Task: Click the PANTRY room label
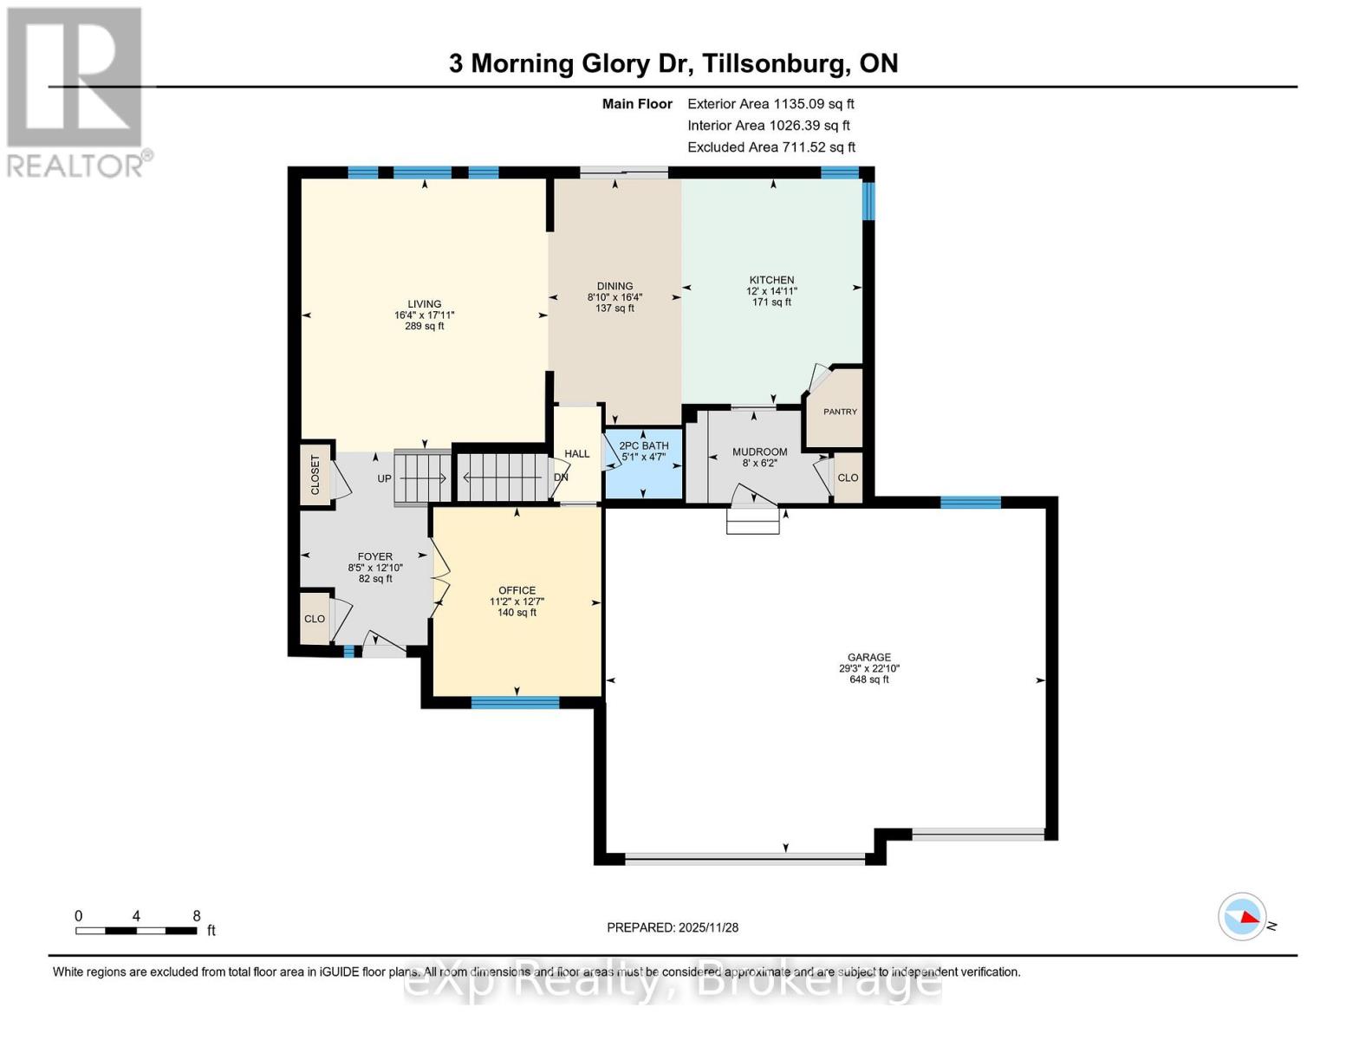coord(839,412)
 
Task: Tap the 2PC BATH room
coord(643,464)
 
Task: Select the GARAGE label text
coord(869,658)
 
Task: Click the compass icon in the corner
coord(1242,916)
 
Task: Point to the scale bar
coord(136,931)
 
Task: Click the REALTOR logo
coord(76,91)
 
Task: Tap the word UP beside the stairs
coord(384,478)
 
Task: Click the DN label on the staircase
coord(561,478)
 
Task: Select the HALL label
coord(576,453)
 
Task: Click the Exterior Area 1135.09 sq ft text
coord(771,104)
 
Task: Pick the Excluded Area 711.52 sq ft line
coord(771,147)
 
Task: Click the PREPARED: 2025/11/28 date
coord(673,927)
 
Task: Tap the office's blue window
coord(515,703)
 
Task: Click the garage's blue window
coord(970,502)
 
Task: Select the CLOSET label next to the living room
coord(315,475)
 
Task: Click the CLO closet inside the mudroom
coord(848,478)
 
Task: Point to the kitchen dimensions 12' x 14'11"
coord(771,291)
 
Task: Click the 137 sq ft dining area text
coord(614,308)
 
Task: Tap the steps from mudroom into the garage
coord(752,520)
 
